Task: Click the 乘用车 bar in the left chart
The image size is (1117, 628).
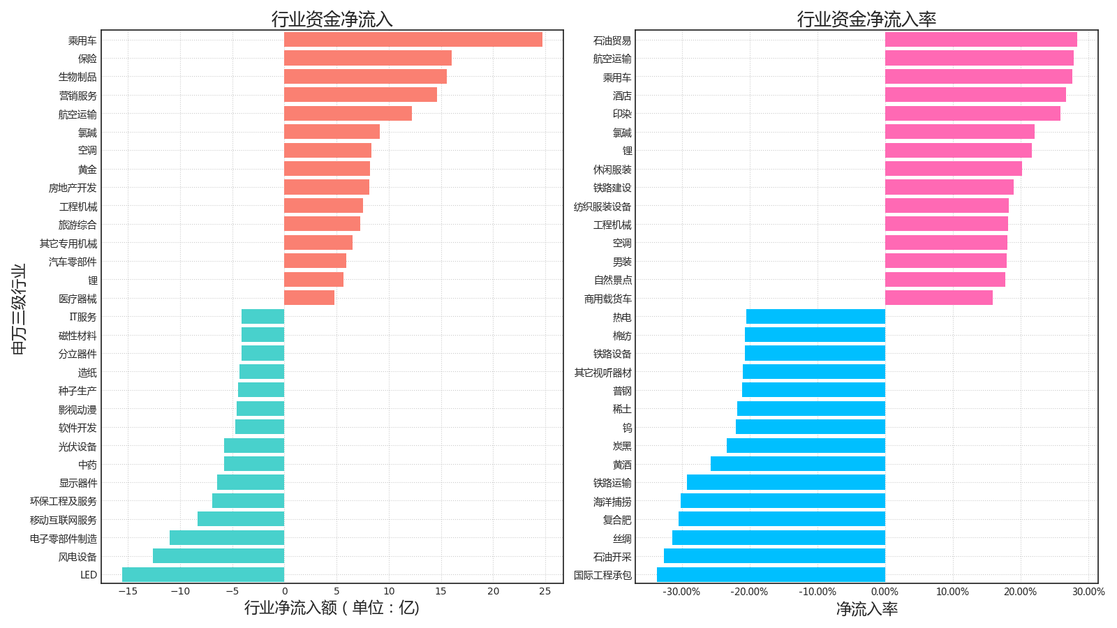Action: [x=413, y=40]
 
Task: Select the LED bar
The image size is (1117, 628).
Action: [x=203, y=574]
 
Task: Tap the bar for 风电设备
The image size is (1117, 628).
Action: [x=219, y=556]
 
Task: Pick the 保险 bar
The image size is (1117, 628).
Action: [x=367, y=58]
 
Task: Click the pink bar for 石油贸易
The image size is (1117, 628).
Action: [x=981, y=40]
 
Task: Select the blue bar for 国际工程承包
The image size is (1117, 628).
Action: [x=771, y=574]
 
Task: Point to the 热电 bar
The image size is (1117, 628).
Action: [x=815, y=317]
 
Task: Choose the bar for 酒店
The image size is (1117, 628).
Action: [x=975, y=95]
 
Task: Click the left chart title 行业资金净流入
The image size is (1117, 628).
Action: [x=332, y=19]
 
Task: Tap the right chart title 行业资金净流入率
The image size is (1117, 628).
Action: [x=866, y=19]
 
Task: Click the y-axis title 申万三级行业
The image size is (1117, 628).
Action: [x=19, y=308]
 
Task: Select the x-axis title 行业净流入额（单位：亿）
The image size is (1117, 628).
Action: [x=332, y=608]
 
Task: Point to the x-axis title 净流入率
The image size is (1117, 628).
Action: [x=866, y=609]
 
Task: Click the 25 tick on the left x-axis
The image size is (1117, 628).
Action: [x=545, y=592]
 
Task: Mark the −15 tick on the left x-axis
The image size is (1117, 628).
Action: [x=127, y=592]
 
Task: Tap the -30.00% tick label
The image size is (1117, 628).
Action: [x=681, y=592]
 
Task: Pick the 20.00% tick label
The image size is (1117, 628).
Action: [x=1021, y=592]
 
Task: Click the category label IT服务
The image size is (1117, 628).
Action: [x=83, y=317]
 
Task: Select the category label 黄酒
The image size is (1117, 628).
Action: [x=622, y=465]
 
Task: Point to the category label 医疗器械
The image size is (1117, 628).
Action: [x=77, y=299]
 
